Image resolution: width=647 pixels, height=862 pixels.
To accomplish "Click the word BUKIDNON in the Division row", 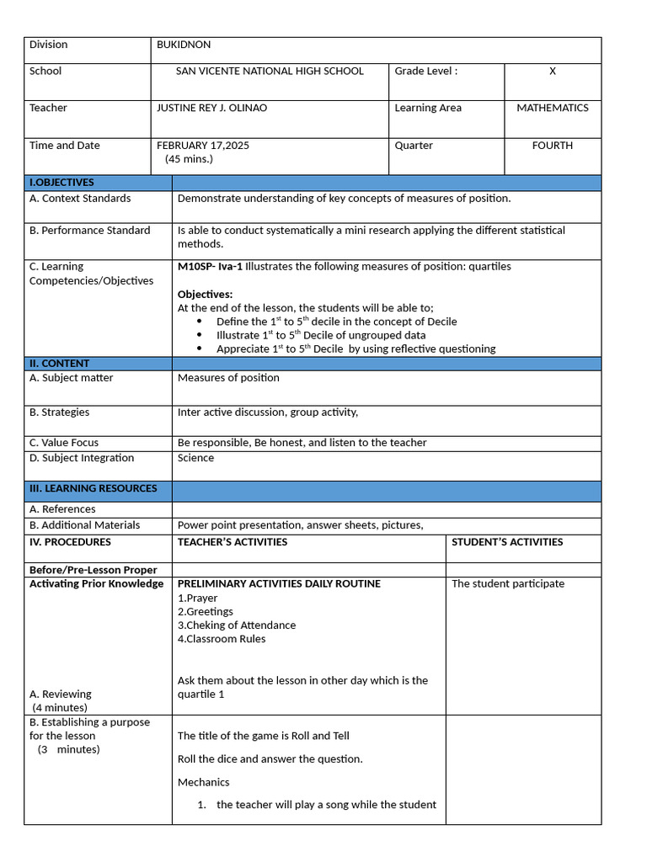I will (184, 45).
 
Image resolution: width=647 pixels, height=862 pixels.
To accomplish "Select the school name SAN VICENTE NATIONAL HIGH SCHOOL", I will (270, 72).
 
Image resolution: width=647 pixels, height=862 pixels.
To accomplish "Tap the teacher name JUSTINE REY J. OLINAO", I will (211, 109).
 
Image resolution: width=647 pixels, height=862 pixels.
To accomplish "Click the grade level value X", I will (553, 72).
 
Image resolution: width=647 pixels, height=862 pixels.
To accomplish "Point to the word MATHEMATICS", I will (553, 109).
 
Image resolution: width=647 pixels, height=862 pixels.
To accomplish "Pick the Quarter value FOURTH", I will (553, 146).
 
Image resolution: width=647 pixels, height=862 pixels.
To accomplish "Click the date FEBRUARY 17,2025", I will (203, 146).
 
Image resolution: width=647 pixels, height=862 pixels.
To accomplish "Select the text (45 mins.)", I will (189, 159).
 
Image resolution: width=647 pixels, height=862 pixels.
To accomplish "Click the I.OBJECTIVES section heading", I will (61, 183).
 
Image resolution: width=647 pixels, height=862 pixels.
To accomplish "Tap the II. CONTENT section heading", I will (59, 364).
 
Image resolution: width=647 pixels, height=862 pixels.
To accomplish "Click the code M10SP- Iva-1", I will (210, 267).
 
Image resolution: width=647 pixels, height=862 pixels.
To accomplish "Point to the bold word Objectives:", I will (205, 295).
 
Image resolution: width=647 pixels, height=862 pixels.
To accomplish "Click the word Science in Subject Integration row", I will (195, 458).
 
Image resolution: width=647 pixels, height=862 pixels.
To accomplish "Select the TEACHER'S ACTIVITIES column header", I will (233, 542).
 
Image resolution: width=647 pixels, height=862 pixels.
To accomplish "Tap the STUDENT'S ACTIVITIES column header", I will (507, 542).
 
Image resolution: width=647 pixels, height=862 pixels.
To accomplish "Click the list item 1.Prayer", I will (197, 599).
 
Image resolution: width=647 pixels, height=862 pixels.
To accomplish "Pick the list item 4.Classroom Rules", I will (222, 639).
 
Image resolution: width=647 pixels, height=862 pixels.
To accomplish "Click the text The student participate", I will (508, 584).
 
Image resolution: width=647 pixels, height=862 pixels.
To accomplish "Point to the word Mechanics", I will (203, 782).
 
